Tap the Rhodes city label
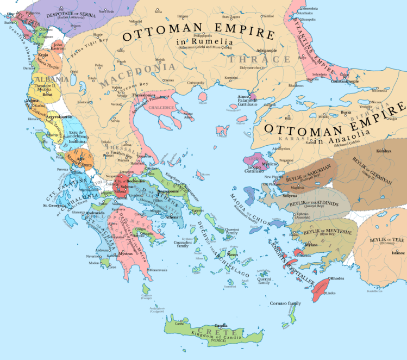coord(336,278)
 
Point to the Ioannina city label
coord(77,141)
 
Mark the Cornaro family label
coord(286,302)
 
